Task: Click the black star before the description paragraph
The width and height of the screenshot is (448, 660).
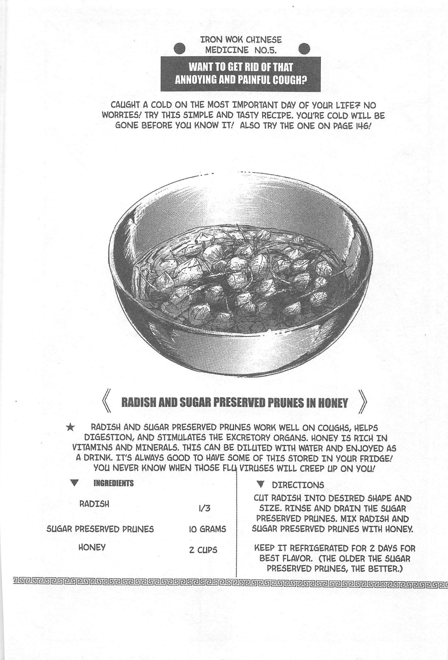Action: point(71,427)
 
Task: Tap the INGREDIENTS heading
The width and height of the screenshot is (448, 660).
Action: point(114,483)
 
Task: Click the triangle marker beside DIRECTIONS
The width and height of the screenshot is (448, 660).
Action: point(260,484)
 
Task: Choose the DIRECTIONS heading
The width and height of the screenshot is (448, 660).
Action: point(298,485)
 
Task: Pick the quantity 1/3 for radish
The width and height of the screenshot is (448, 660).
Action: point(204,508)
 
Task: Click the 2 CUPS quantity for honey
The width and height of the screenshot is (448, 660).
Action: point(203,550)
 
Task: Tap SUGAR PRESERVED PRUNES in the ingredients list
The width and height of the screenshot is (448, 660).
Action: point(100,529)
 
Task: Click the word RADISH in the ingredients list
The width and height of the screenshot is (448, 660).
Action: point(94,504)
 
